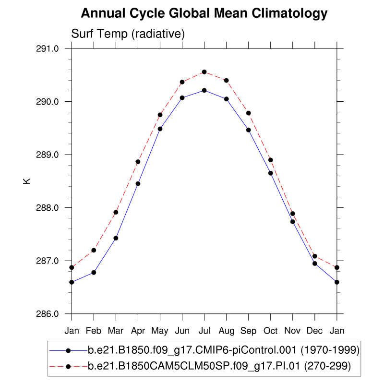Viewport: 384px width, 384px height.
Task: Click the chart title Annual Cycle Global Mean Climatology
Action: (204, 13)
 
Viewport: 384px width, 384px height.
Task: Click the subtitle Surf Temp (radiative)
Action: (128, 34)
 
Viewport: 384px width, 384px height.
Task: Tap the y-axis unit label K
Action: (27, 181)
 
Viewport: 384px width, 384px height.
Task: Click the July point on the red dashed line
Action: (204, 72)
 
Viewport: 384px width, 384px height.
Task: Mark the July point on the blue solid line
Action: (204, 90)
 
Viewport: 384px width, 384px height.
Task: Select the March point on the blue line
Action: (116, 238)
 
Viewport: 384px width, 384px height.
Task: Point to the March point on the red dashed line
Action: (116, 212)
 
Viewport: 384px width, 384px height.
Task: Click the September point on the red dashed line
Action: (249, 113)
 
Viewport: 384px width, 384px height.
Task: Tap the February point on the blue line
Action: (94, 273)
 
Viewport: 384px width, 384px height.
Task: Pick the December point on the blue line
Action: (315, 264)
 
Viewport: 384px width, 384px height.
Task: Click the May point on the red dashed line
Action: (160, 115)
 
